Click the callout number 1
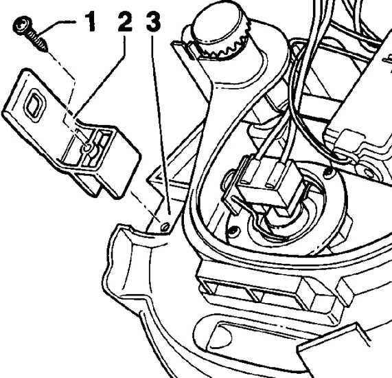click(x=90, y=22)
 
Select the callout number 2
click(x=125, y=22)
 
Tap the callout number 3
click(x=153, y=22)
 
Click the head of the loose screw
click(x=22, y=25)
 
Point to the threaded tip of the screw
click(x=45, y=48)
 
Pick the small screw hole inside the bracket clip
click(x=87, y=148)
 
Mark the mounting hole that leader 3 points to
click(x=164, y=227)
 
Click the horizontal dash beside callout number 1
click(x=67, y=22)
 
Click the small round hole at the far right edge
click(x=368, y=173)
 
